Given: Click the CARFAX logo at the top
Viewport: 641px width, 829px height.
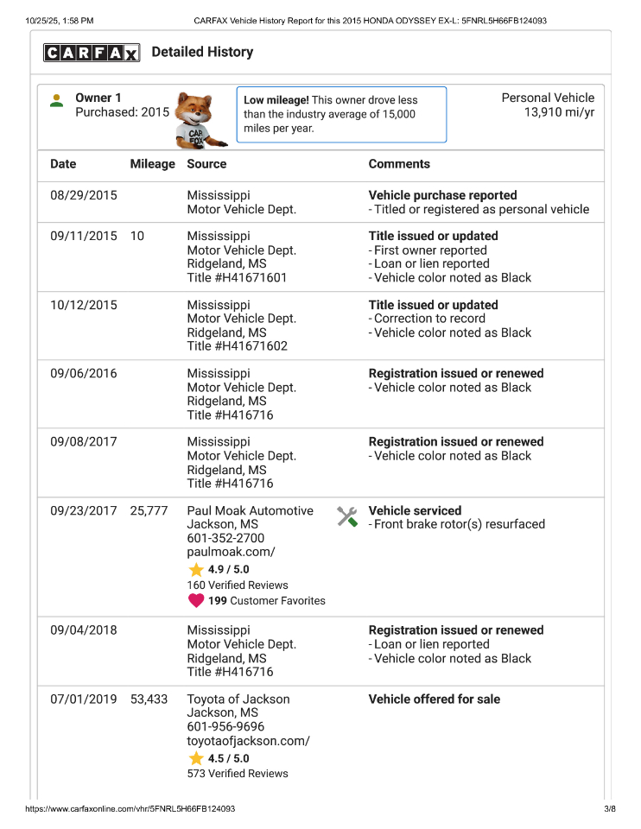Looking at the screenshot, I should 92,54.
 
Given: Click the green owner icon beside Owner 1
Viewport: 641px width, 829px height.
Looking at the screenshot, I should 57,100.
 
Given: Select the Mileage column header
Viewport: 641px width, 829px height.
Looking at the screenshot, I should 152,164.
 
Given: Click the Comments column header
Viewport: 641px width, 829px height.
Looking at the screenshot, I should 399,164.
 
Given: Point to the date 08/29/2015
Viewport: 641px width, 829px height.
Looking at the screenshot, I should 83,195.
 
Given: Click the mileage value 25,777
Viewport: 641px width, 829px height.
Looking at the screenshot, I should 149,511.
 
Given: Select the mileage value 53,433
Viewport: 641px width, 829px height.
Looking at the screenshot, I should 149,699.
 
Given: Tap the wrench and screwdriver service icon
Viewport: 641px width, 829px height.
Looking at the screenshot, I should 347,516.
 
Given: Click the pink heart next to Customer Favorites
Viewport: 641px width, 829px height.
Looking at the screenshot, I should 196,601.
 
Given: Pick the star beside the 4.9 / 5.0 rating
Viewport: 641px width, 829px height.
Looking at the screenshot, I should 196,570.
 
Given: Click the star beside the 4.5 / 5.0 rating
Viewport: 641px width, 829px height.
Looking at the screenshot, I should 196,758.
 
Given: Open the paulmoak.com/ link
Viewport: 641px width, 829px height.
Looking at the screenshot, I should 231,552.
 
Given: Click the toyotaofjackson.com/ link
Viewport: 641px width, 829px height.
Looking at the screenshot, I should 248,741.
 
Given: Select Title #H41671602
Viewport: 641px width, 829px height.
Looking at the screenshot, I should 238,346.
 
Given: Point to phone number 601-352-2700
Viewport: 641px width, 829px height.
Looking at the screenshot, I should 225,538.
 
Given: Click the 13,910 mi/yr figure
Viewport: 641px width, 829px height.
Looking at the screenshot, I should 559,112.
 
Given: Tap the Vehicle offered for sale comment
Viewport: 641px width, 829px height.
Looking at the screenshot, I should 434,699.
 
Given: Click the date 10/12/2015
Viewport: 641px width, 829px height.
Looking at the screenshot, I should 83,305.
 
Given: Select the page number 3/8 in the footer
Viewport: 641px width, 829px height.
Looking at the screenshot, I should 609,809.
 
